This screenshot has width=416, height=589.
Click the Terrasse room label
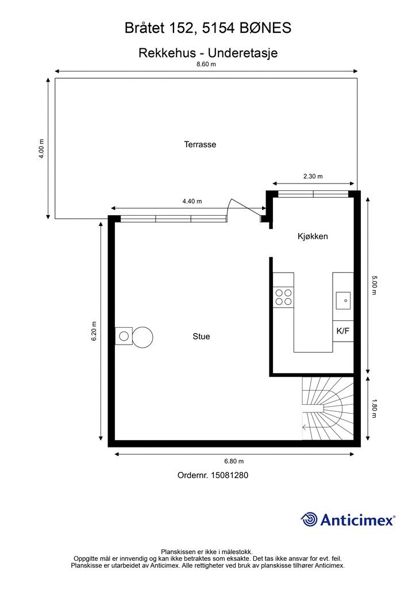[200, 144]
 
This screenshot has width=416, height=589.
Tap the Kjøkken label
[313, 236]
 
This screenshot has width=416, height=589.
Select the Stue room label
[201, 336]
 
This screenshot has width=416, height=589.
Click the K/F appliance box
[343, 331]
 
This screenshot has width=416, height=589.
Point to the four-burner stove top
[283, 297]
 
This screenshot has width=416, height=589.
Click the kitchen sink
[343, 300]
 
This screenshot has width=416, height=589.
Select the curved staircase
[328, 408]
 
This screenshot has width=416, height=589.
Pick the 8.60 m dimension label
[206, 64]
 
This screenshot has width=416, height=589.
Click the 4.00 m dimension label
[41, 149]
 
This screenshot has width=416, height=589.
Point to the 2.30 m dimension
[313, 176]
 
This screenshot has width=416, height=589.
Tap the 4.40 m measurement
[192, 201]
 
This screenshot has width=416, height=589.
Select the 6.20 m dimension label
[94, 331]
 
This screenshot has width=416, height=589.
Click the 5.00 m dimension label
[373, 285]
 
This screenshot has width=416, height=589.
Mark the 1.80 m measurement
[373, 408]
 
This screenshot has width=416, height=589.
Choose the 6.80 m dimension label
[234, 461]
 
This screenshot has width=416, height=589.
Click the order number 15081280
[229, 475]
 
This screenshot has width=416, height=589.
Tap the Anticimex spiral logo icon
[309, 520]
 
